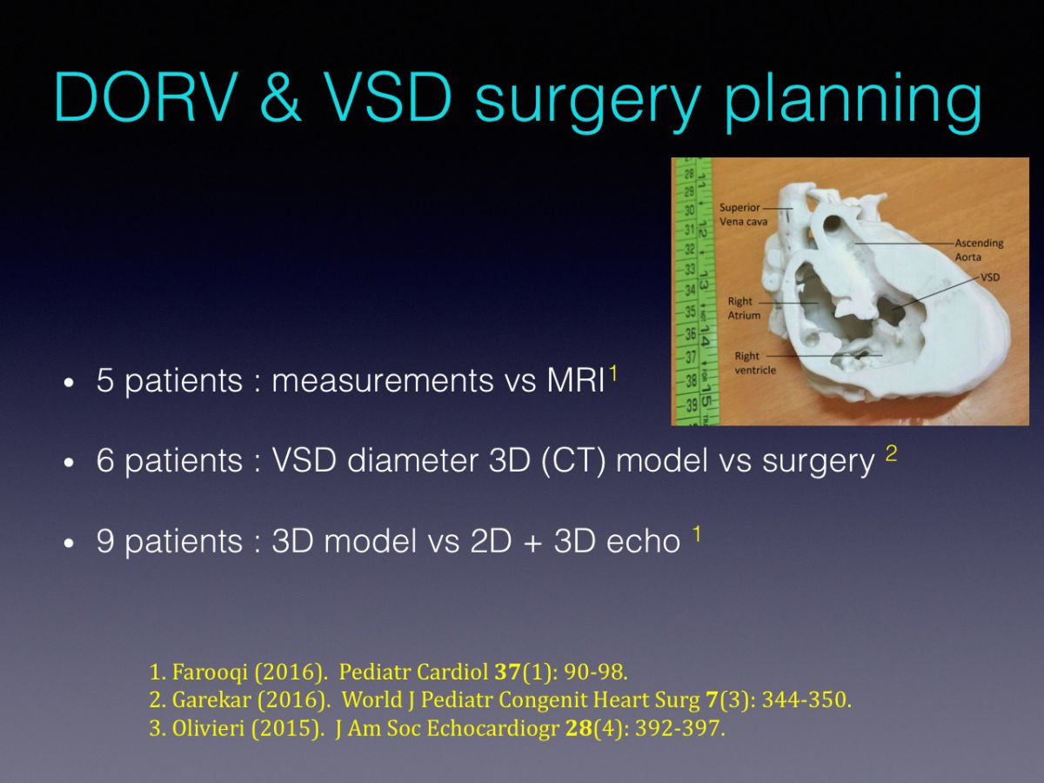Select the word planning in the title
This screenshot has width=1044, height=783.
(853, 102)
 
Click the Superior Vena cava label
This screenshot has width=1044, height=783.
(743, 214)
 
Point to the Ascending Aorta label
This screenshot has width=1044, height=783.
(979, 250)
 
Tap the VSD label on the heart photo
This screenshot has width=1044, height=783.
(990, 277)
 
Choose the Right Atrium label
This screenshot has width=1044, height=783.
(744, 308)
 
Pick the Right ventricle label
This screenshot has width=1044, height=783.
(755, 363)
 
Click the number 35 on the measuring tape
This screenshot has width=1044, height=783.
(690, 311)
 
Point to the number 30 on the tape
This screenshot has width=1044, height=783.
(689, 210)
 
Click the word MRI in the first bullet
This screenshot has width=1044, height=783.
(576, 380)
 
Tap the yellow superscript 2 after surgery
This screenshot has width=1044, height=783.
(892, 453)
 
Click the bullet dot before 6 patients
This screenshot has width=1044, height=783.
(70, 463)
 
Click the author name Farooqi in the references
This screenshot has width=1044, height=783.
(210, 672)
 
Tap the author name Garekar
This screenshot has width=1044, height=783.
(211, 699)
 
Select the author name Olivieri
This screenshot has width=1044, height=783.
(208, 728)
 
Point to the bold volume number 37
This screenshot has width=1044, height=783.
(507, 672)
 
